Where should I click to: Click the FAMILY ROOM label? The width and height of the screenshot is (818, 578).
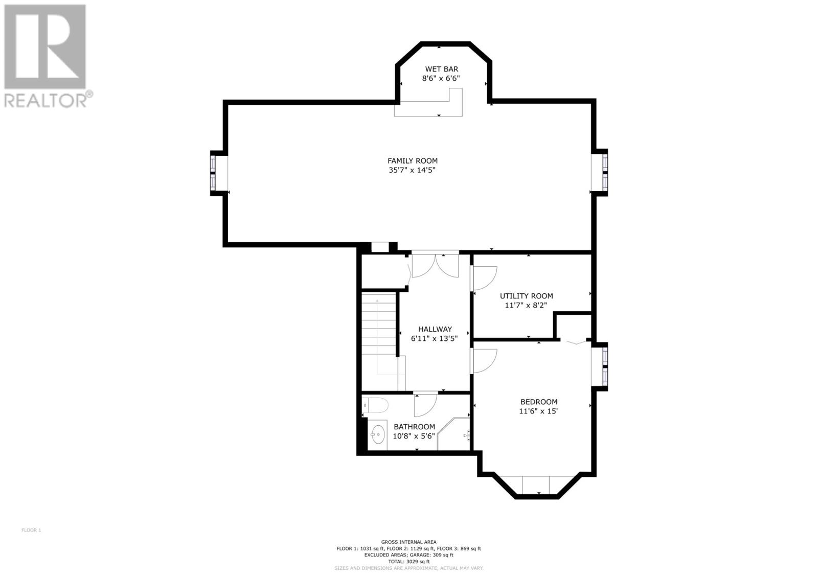(x=412, y=160)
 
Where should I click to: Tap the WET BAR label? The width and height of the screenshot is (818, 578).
(x=441, y=69)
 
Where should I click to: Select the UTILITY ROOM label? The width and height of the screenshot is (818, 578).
(x=526, y=296)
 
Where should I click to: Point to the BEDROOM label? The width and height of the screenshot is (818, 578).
(x=539, y=402)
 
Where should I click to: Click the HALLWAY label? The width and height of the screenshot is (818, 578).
(x=435, y=329)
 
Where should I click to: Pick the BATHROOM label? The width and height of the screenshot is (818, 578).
(x=414, y=427)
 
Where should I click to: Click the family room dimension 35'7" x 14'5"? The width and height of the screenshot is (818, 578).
(x=412, y=170)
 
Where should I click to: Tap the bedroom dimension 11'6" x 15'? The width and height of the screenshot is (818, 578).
(x=538, y=411)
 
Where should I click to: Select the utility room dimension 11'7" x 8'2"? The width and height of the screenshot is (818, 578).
(x=526, y=305)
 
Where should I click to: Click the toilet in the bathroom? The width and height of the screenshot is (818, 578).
(x=375, y=405)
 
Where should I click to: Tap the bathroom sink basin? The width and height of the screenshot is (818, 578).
(x=378, y=435)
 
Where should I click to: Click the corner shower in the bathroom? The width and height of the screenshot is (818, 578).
(x=453, y=434)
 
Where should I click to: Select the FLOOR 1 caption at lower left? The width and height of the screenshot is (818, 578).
(x=31, y=530)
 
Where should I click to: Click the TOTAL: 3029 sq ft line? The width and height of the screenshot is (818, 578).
(x=408, y=562)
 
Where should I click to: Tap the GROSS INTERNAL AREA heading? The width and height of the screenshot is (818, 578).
(x=408, y=542)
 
